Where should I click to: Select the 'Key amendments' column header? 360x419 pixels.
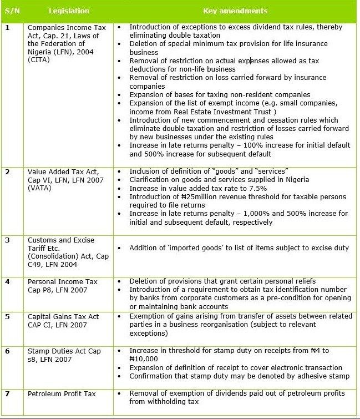click(235, 11)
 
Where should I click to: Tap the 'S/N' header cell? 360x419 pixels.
click(12, 11)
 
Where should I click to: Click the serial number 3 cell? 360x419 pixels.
click(7, 241)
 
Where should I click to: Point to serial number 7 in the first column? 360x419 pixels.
click(7, 394)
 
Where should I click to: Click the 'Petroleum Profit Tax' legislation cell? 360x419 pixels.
click(62, 394)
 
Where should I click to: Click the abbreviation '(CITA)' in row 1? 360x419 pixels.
click(39, 60)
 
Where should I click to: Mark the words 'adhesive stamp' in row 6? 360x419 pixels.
click(323, 376)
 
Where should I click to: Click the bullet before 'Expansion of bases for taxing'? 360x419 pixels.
click(121, 95)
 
